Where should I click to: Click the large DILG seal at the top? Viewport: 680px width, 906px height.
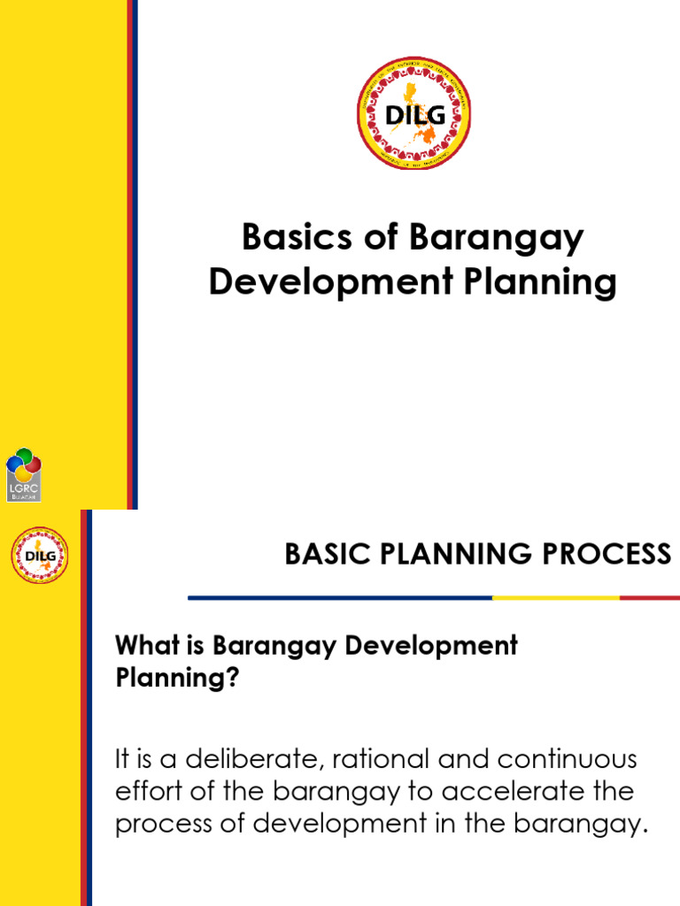413,113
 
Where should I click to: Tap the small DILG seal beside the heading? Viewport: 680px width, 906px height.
40,556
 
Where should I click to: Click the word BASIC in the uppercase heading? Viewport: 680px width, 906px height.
321,555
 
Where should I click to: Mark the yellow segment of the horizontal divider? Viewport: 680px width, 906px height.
555,598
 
